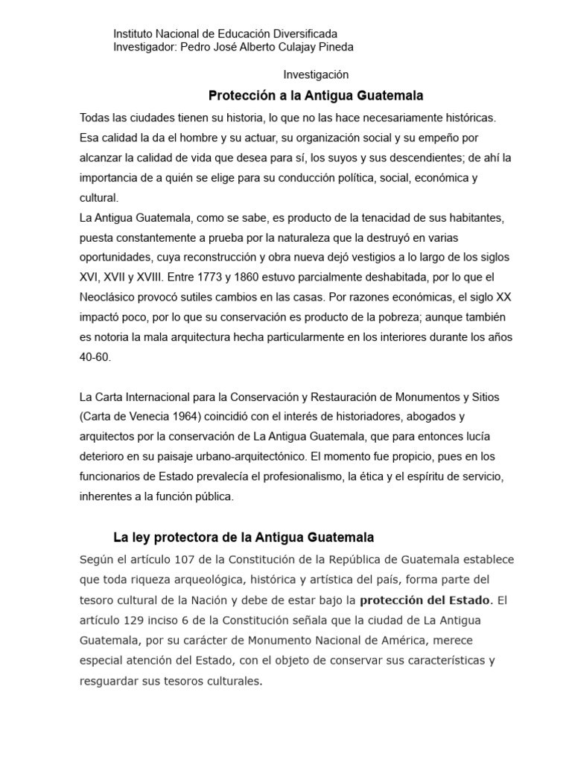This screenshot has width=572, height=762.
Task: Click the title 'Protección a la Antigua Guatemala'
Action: pyautogui.click(x=316, y=96)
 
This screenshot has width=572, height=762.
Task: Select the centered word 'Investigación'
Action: pyautogui.click(x=316, y=75)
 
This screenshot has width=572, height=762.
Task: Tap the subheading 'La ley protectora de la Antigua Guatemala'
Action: pyautogui.click(x=243, y=537)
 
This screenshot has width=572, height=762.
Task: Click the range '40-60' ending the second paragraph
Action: pyautogui.click(x=95, y=357)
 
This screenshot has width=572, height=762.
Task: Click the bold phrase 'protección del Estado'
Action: pyautogui.click(x=425, y=601)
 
